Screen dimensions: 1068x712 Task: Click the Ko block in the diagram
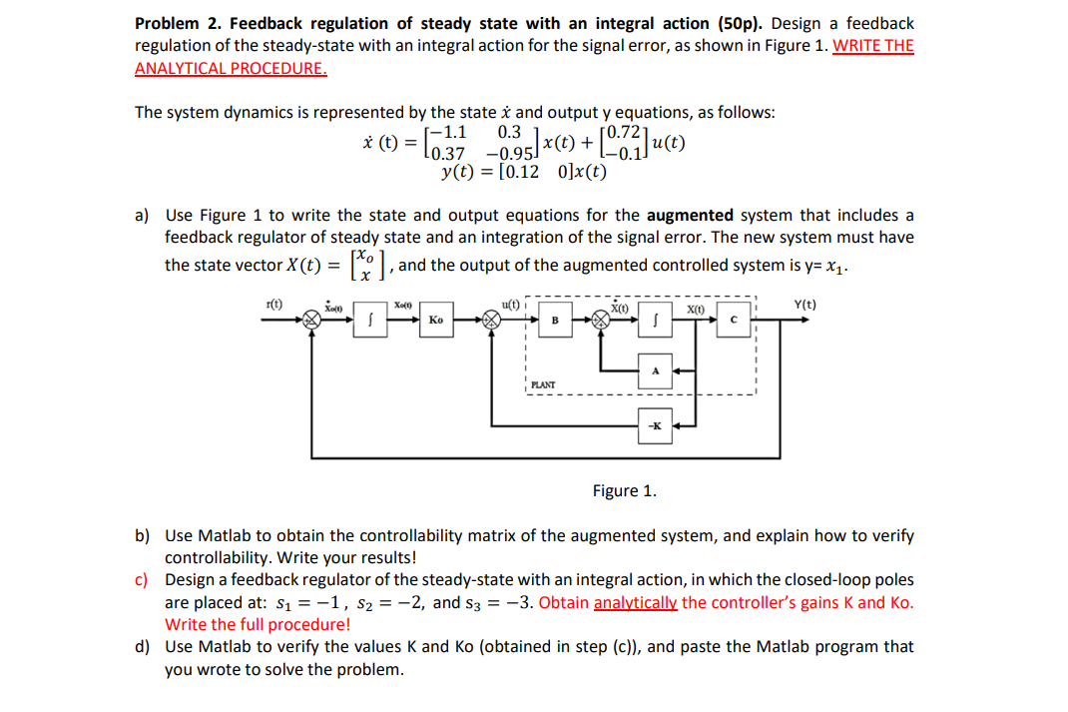click(436, 321)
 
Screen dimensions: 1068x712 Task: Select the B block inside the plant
click(556, 321)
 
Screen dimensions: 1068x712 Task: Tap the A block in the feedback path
click(656, 370)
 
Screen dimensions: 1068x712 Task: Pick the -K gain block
click(656, 426)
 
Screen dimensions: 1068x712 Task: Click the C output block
click(733, 321)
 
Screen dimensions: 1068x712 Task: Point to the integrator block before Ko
click(370, 321)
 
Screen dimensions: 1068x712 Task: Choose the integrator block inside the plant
click(656, 321)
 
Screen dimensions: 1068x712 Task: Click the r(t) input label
click(274, 303)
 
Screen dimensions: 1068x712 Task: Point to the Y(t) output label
click(803, 305)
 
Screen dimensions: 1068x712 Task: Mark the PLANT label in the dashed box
click(543, 383)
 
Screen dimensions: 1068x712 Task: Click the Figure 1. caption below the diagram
click(624, 490)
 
